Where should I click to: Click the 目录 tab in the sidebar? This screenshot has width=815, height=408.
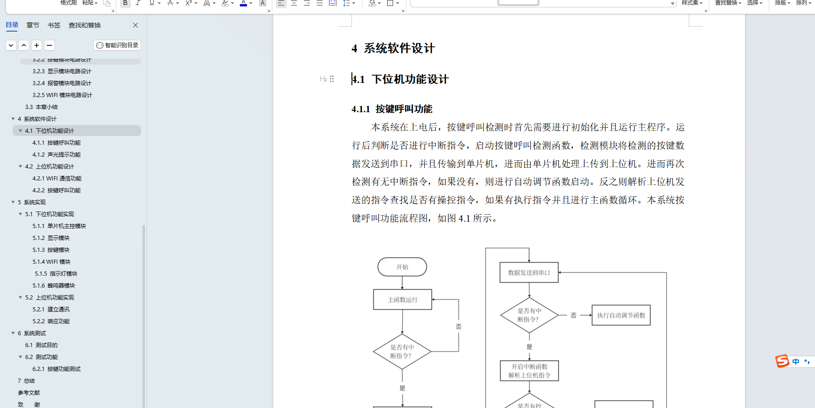click(x=12, y=25)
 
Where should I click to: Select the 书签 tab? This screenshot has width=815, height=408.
click(x=54, y=25)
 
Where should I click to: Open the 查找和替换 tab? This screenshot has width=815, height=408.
click(x=85, y=25)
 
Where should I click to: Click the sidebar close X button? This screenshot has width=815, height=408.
click(x=135, y=25)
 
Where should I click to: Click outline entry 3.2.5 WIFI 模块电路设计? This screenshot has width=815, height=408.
click(x=62, y=95)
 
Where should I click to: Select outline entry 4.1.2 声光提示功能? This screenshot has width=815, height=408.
click(x=56, y=155)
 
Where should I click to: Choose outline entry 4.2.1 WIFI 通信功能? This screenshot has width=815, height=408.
click(x=57, y=179)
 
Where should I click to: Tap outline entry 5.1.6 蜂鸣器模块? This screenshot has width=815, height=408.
click(x=54, y=286)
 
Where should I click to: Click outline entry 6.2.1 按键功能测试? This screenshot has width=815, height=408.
click(x=56, y=369)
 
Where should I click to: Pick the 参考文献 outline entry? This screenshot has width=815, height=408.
click(x=29, y=393)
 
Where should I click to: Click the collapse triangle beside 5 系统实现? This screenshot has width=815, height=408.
click(x=13, y=202)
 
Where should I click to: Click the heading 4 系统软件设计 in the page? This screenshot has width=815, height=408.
click(x=393, y=49)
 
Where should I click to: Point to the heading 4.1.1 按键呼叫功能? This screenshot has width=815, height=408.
click(x=392, y=109)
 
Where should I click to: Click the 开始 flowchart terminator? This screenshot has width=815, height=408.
click(x=402, y=267)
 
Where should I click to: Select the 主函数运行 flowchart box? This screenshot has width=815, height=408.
click(x=403, y=299)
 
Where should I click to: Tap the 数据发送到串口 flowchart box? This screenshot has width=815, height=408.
click(x=529, y=272)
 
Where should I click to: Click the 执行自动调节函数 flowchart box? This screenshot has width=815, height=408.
click(x=621, y=315)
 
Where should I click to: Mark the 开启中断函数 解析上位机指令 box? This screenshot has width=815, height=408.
click(x=529, y=371)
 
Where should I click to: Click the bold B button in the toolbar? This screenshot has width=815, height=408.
click(x=125, y=3)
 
